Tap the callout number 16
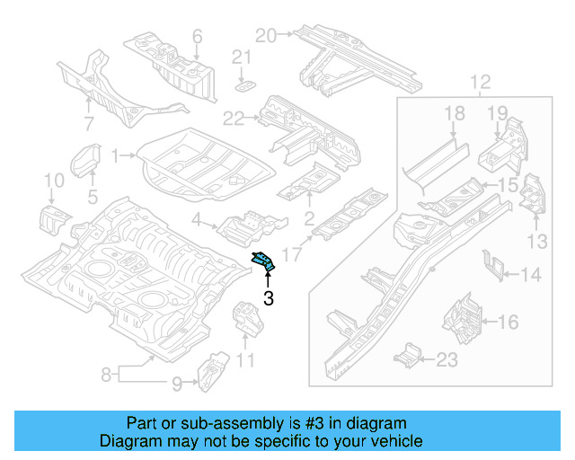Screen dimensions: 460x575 pyautogui.click(x=508, y=321)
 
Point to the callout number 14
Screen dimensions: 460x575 pyautogui.click(x=532, y=273)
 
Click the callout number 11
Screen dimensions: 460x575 pyautogui.click(x=245, y=362)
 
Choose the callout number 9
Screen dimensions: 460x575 pyautogui.click(x=178, y=385)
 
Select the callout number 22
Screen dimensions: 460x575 pyautogui.click(x=234, y=119)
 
